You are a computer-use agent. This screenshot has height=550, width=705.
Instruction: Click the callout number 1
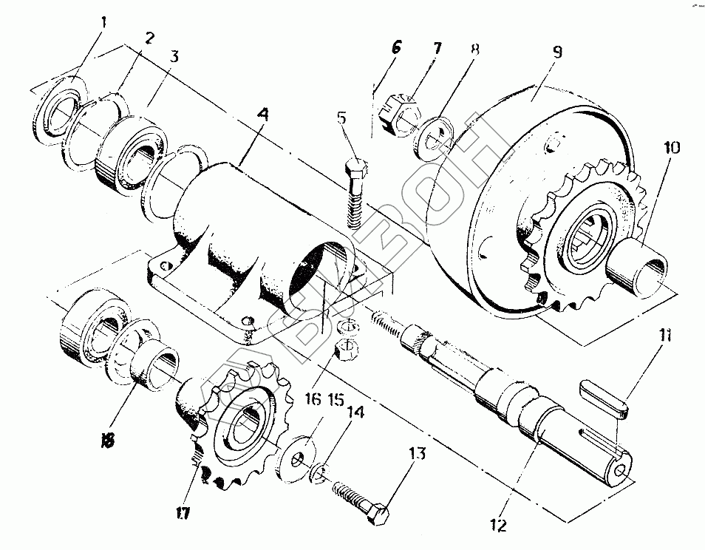[x=103, y=22]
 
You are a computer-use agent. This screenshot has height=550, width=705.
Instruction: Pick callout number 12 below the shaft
[x=500, y=526]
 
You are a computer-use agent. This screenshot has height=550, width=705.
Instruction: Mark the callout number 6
[x=396, y=48]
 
